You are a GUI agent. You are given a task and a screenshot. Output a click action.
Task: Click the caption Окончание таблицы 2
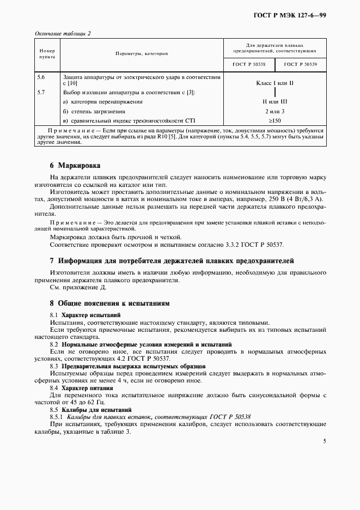63,33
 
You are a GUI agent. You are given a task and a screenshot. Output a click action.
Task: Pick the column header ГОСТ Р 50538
249,64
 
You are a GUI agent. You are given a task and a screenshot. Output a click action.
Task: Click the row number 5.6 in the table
40,77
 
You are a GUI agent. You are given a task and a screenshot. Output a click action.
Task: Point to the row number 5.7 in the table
40,92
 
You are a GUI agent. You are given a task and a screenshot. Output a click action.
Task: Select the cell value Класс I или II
274,82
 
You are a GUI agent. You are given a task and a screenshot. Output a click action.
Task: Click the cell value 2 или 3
274,111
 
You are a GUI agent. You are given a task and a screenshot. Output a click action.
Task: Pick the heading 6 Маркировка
75,165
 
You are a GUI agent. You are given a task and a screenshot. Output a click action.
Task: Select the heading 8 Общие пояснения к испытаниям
110,302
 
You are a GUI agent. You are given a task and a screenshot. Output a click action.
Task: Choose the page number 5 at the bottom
324,442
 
